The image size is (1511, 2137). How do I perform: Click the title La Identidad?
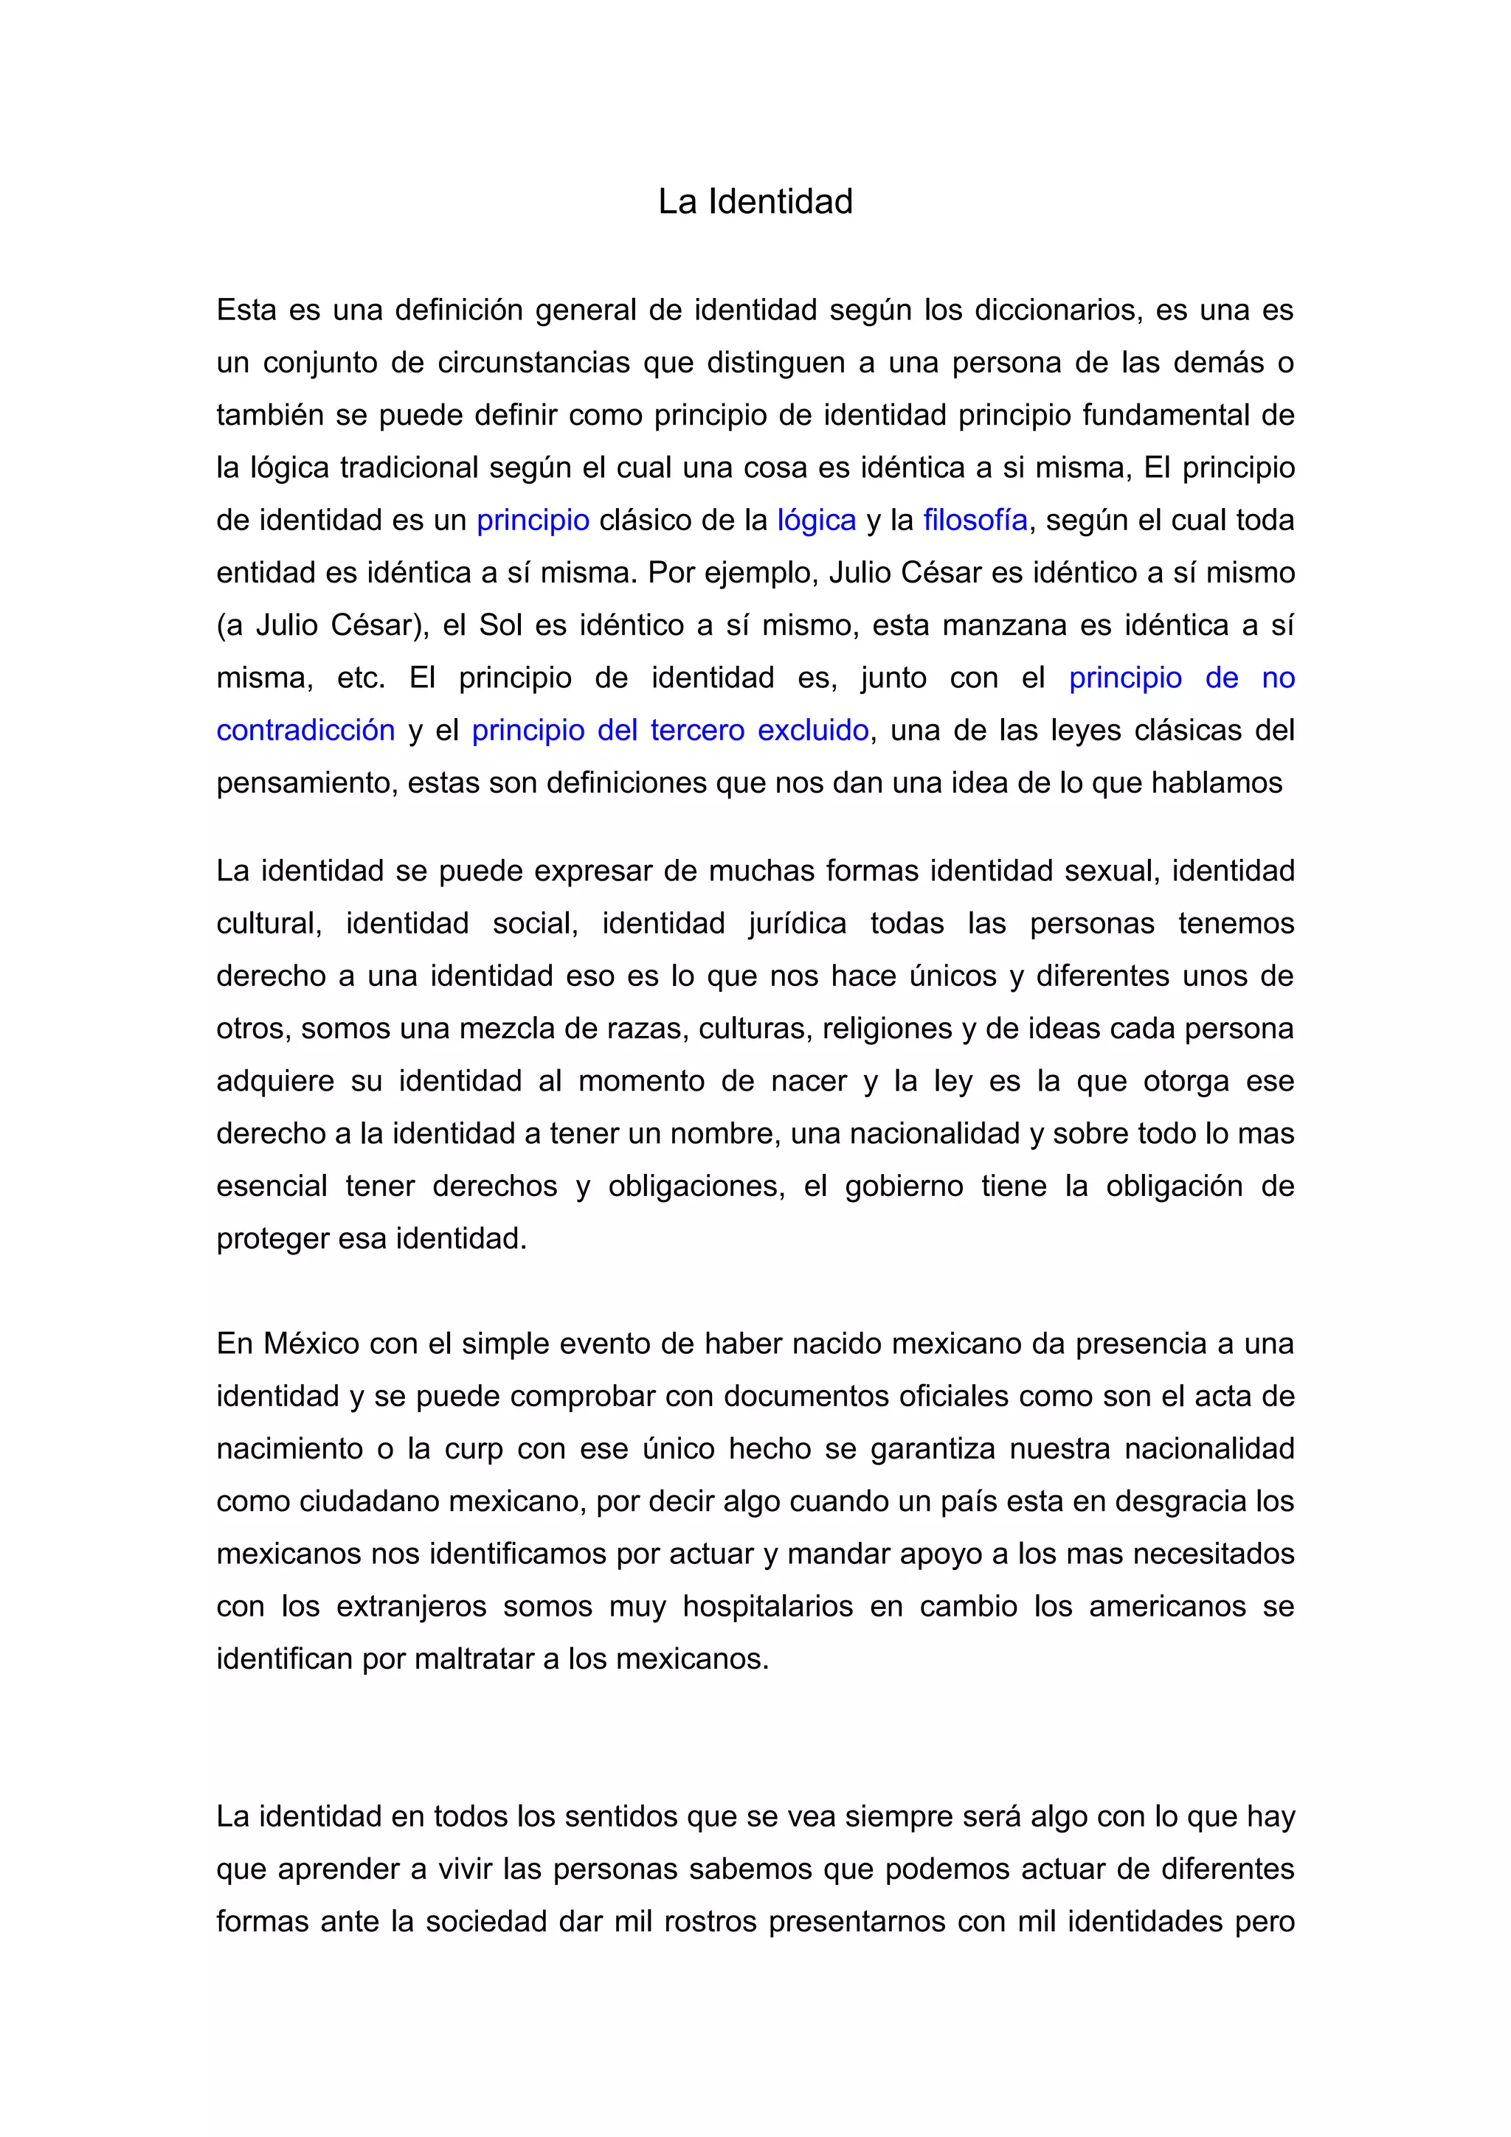click(x=755, y=201)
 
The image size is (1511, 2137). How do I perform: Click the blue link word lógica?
click(x=817, y=521)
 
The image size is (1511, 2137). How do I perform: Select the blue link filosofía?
click(x=975, y=521)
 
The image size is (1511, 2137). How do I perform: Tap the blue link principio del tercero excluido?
click(x=671, y=731)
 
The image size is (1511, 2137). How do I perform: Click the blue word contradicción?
click(x=305, y=731)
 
